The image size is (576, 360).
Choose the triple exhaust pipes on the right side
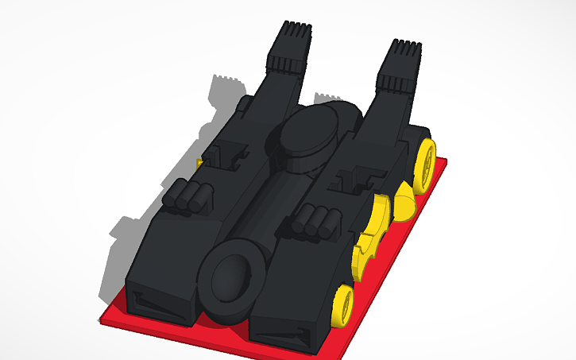[315, 219]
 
